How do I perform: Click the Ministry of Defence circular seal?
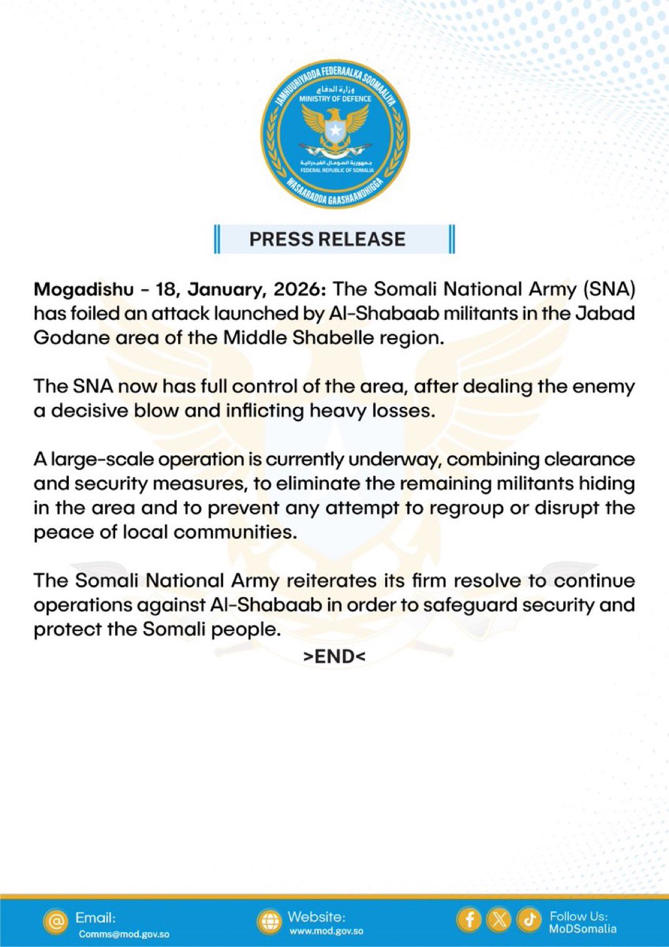coord(334,135)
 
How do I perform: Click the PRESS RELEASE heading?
coord(327,239)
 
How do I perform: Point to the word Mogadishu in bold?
coord(84,289)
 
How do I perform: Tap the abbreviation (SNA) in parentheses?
coord(609,289)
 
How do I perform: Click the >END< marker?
coord(334,656)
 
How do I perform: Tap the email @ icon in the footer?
coord(56,921)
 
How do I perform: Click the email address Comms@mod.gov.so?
coord(124,934)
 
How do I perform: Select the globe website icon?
coord(269,921)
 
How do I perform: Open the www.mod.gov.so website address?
coord(326,931)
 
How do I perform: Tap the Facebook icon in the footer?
coord(469,919)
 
